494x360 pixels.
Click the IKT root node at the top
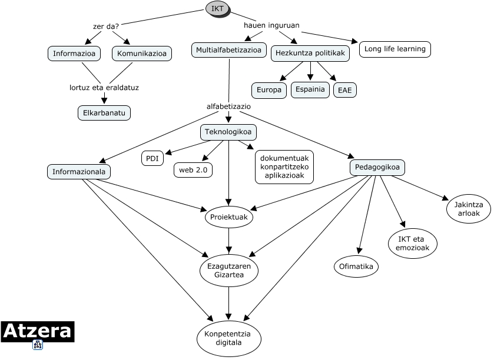[217, 8]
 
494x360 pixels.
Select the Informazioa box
[74, 54]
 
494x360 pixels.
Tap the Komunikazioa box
[141, 54]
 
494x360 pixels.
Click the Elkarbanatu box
[104, 112]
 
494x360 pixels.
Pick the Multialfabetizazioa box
[229, 50]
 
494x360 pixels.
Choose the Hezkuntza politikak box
[310, 54]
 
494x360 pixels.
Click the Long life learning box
[394, 49]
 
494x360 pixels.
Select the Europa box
[269, 91]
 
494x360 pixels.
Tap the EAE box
[344, 91]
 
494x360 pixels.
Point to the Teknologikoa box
[228, 132]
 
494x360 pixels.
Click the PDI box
[152, 158]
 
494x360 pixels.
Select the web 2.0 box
[193, 170]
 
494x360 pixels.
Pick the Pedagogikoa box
[377, 168]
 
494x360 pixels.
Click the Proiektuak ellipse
[228, 217]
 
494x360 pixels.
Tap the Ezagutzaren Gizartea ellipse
[229, 270]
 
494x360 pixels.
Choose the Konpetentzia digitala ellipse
[228, 338]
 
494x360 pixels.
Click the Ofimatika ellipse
[356, 267]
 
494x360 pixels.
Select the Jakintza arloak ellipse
[469, 209]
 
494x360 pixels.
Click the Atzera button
[37, 332]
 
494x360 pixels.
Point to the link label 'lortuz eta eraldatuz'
[104, 88]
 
